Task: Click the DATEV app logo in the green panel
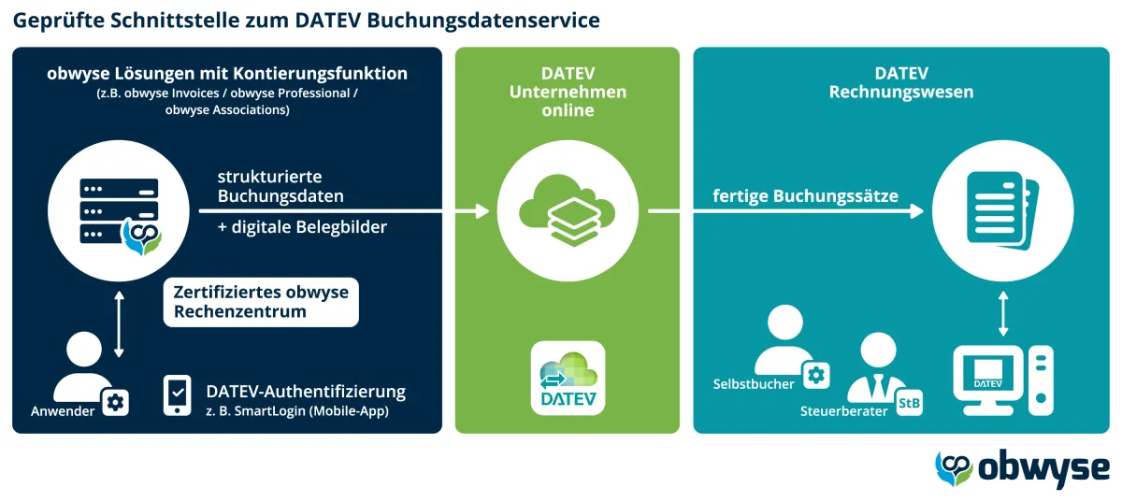[x=568, y=379]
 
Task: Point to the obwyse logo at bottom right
[x=1023, y=468]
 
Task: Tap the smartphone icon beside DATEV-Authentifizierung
[x=178, y=394]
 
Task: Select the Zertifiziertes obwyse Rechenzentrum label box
[x=261, y=302]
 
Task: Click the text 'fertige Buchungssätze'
[x=805, y=196]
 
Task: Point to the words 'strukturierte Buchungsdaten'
[x=280, y=186]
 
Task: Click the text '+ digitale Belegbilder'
[x=302, y=226]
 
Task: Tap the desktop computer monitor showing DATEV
[x=987, y=379]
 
